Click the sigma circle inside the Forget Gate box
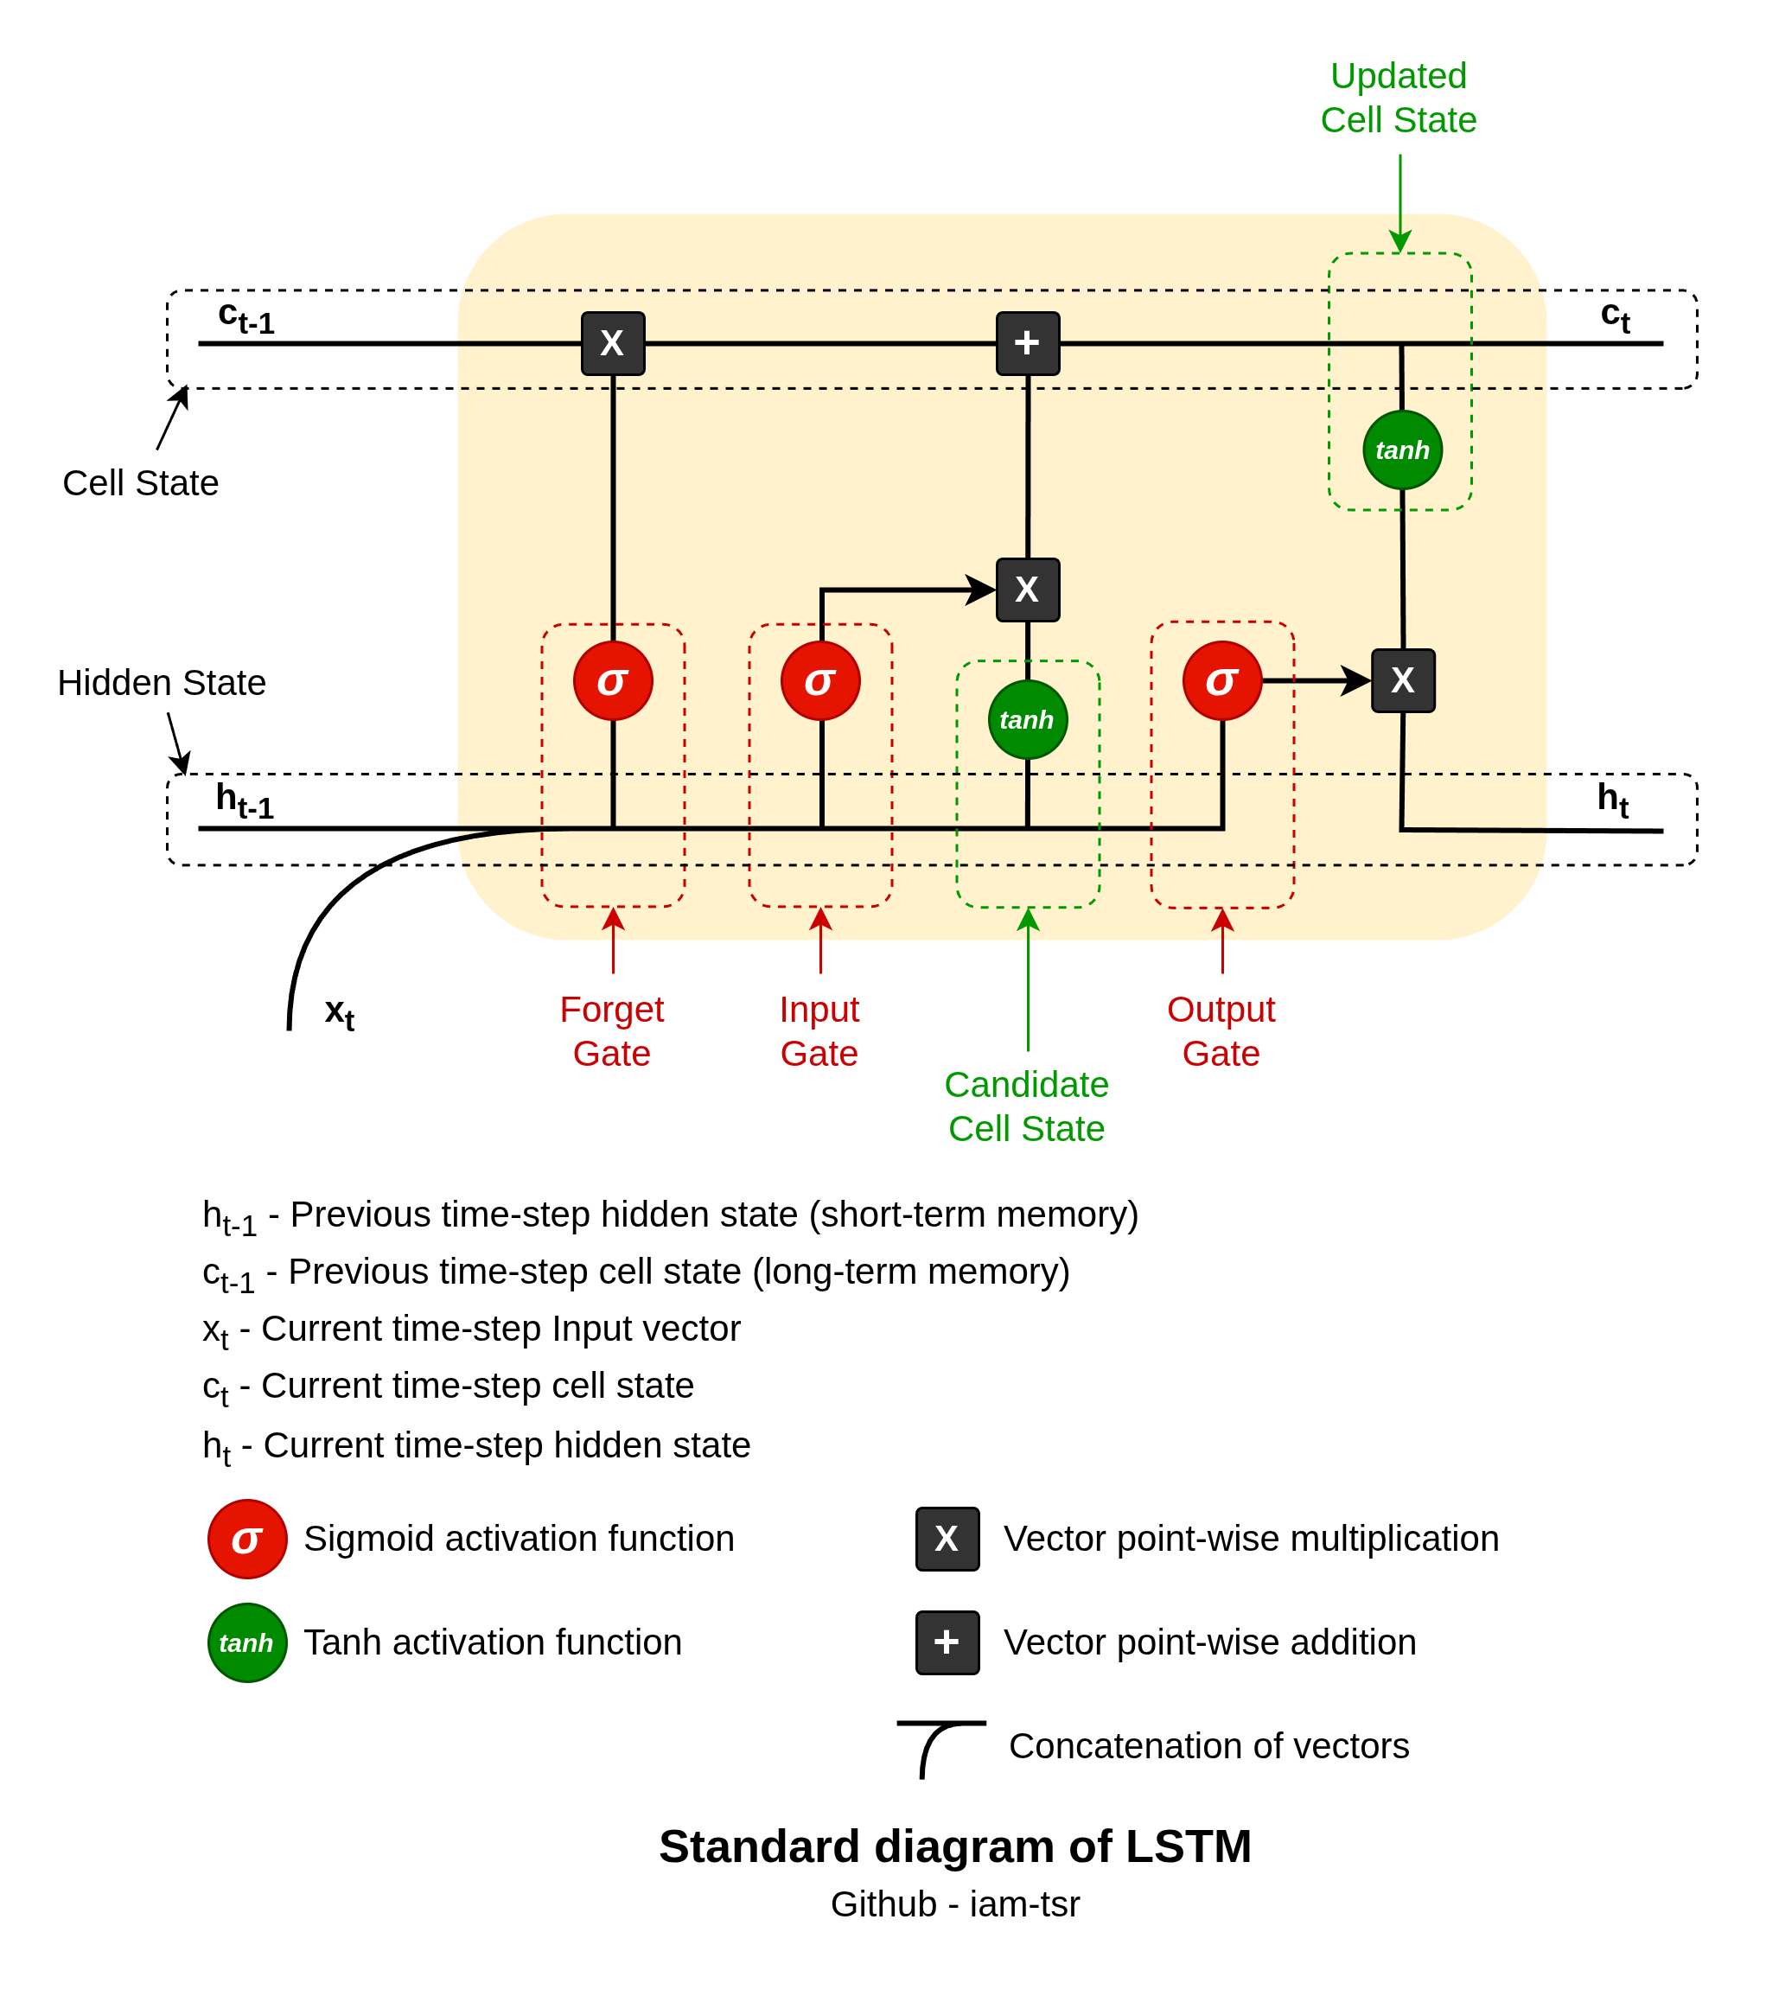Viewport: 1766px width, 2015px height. (x=613, y=681)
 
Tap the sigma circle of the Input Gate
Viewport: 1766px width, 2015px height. (x=820, y=681)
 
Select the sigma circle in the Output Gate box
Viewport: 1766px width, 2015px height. (x=1222, y=681)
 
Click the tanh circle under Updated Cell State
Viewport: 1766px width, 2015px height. (x=1402, y=450)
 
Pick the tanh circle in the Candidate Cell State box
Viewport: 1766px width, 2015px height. (x=1027, y=720)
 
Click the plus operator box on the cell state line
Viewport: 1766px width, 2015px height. (x=1028, y=343)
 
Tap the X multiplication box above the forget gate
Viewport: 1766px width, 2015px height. (x=613, y=343)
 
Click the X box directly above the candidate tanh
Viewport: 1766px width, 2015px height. (x=1028, y=590)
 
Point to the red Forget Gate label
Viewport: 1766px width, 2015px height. (x=612, y=1031)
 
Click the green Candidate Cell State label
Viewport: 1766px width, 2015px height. (x=1027, y=1106)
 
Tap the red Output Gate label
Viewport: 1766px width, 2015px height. (x=1221, y=1031)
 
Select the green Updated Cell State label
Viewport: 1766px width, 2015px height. (x=1399, y=98)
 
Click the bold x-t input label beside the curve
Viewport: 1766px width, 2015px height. (x=340, y=1013)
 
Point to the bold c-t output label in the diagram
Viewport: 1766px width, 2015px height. (x=1614, y=316)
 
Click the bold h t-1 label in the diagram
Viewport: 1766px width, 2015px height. (x=245, y=800)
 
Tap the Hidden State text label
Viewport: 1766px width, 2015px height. (x=162, y=683)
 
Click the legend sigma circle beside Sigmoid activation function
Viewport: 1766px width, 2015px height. (x=247, y=1539)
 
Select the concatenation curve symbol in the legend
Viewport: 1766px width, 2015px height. (x=939, y=1748)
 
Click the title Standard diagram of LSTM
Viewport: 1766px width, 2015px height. (x=955, y=1846)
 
